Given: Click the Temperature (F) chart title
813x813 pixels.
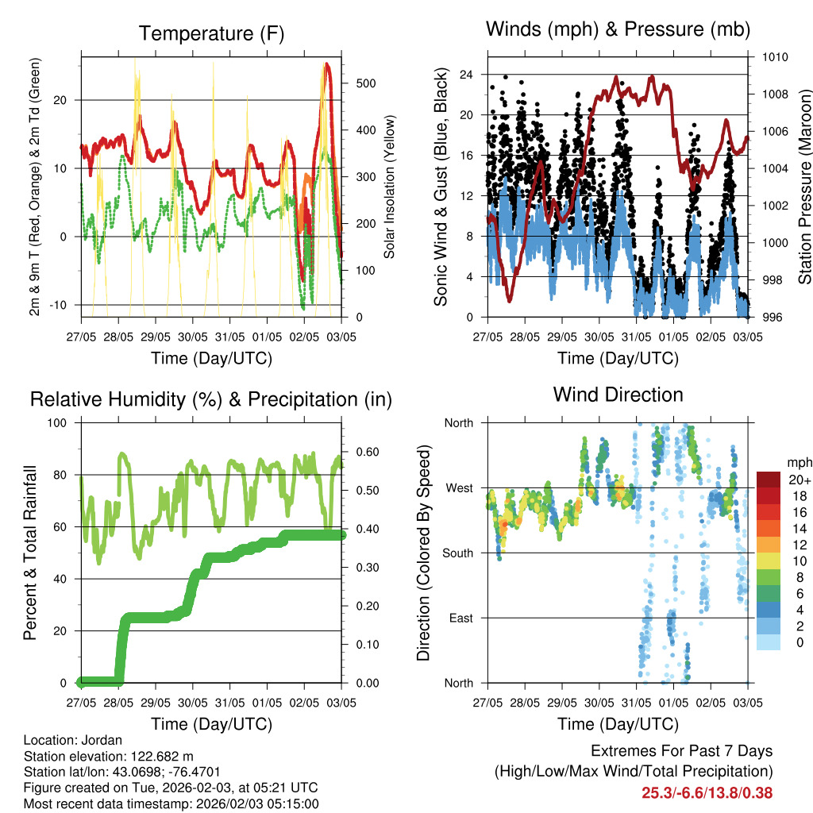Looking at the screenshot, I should (x=210, y=34).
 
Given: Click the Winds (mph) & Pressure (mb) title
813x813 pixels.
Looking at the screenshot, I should (x=618, y=30).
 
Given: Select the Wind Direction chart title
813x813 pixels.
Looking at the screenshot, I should (x=618, y=395).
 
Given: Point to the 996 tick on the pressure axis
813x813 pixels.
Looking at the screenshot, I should (x=774, y=318).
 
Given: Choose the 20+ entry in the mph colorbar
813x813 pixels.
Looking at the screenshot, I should (x=798, y=480).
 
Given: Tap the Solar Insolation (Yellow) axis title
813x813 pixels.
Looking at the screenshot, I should (x=390, y=187).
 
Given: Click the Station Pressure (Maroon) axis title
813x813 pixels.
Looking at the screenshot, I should (x=805, y=187).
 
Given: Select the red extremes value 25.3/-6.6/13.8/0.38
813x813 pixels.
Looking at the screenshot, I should (x=707, y=792).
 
